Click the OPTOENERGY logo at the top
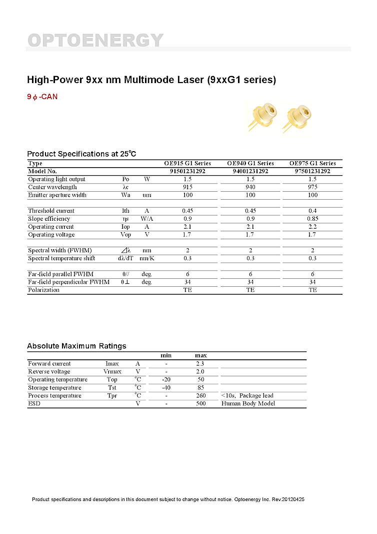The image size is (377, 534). pos(95,40)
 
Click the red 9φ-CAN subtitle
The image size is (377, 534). pos(42,97)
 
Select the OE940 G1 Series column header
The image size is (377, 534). pos(250,163)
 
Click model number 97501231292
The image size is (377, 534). pos(312,171)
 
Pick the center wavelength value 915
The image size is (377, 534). pos(187,187)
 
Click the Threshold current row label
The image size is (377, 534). pos(51,211)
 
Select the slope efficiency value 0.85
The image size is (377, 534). pos(312,219)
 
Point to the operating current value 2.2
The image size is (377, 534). pos(312,227)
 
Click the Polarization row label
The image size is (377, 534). pos(43,290)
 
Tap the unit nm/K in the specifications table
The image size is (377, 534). pos(146,258)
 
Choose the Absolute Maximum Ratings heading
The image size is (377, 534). pos(76,346)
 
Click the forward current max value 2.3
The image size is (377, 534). pos(200,363)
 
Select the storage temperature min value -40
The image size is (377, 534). pos(166,387)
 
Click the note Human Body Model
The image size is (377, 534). pos(248,403)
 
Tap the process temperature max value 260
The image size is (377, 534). pos(200,395)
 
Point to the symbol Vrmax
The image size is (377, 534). pos(112,371)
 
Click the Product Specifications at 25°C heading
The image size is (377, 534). pos(81,154)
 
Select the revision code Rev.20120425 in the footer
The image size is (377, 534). pos(287,499)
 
